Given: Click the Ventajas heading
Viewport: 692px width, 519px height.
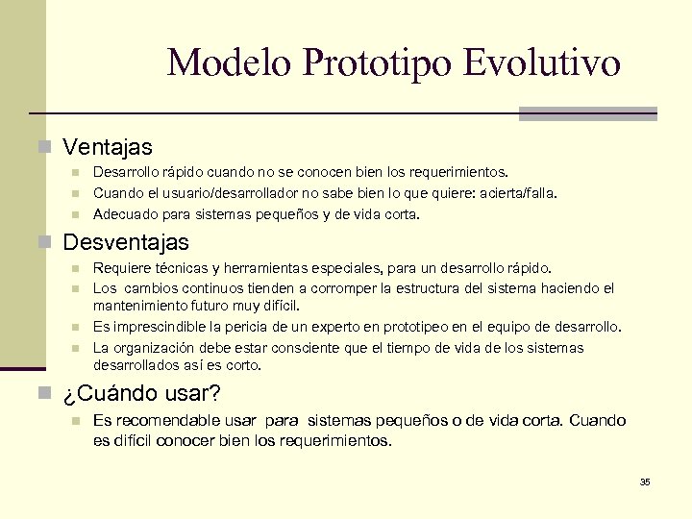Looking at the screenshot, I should pyautogui.click(x=107, y=147).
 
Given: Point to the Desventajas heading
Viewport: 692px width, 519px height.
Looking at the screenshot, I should pyautogui.click(x=125, y=241).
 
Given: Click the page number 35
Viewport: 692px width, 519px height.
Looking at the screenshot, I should pyautogui.click(x=645, y=482).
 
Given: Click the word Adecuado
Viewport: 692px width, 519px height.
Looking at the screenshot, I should pyautogui.click(x=122, y=214).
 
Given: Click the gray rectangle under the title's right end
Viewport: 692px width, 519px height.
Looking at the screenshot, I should pyautogui.click(x=587, y=113).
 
